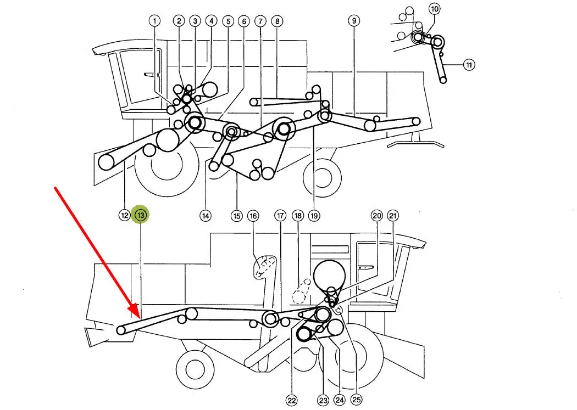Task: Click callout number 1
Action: (155, 21)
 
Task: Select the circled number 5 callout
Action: (228, 21)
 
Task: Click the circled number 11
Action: (469, 65)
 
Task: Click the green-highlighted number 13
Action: (141, 216)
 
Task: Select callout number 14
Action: (205, 216)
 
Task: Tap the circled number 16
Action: (253, 216)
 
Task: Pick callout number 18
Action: (298, 216)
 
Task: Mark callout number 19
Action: (314, 216)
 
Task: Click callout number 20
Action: (376, 216)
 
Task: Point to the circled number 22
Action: (291, 400)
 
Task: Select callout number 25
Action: (357, 400)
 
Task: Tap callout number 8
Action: (278, 21)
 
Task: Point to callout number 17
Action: (280, 216)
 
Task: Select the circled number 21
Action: (393, 216)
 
